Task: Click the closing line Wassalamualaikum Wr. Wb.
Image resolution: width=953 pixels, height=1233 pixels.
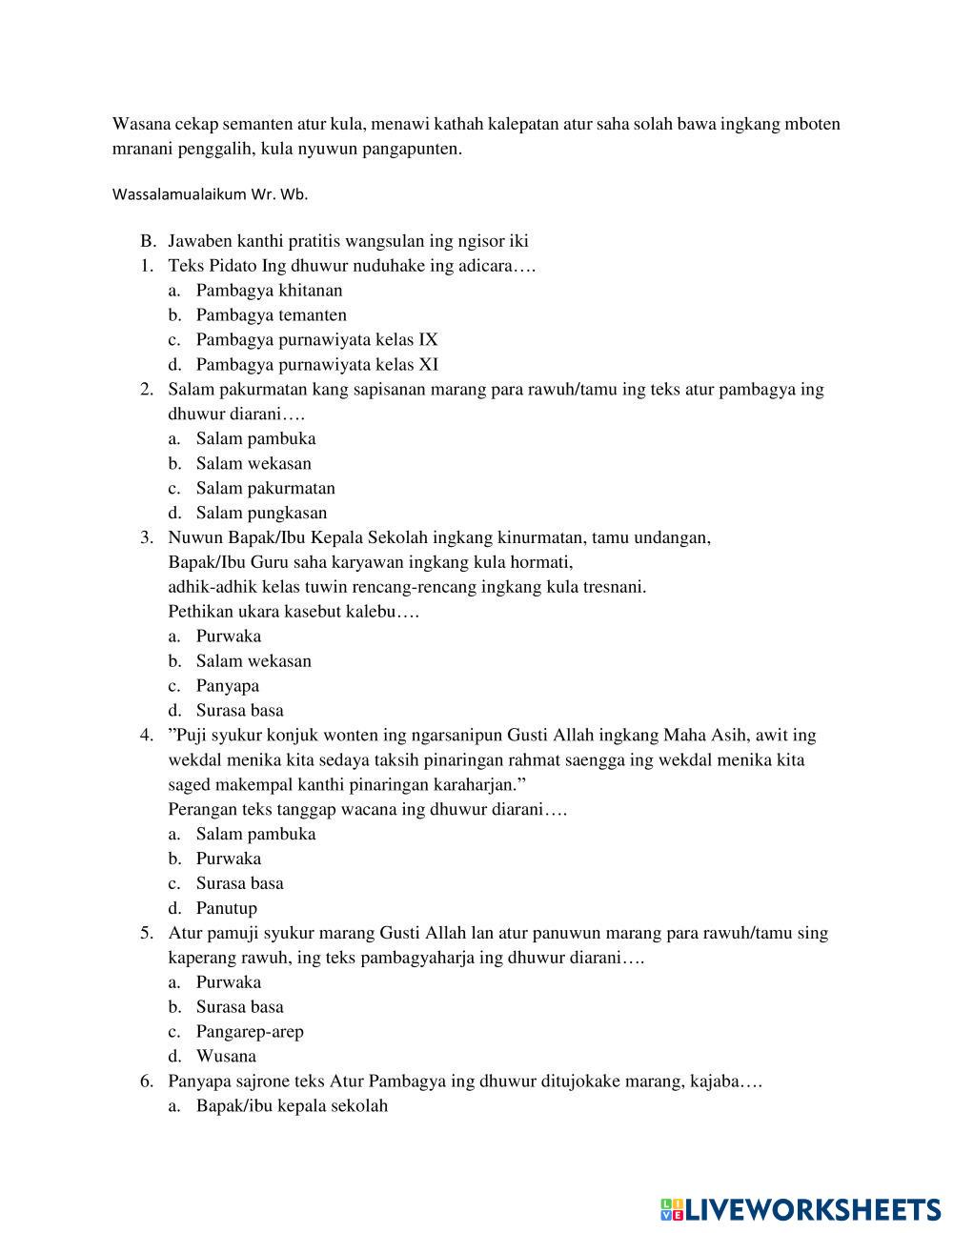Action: (x=210, y=194)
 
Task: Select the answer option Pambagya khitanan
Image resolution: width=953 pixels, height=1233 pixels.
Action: (x=269, y=291)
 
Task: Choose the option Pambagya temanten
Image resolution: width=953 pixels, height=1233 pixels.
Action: (x=271, y=315)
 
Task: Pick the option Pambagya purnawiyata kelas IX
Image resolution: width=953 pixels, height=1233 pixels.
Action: (x=316, y=340)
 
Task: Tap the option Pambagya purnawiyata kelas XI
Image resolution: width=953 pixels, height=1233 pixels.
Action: (x=316, y=365)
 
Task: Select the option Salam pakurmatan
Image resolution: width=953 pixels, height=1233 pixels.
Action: (x=265, y=489)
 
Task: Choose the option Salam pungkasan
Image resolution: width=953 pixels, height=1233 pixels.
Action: (x=261, y=514)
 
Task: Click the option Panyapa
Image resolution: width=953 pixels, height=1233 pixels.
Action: (x=227, y=686)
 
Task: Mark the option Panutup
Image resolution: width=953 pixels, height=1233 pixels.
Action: (x=226, y=909)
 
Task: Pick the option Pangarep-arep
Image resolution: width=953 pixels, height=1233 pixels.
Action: (x=250, y=1032)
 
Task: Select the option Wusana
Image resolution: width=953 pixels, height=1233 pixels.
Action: (x=226, y=1057)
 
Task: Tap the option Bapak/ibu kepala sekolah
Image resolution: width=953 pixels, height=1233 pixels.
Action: (x=292, y=1106)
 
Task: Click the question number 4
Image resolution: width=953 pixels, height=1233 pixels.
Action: (x=146, y=736)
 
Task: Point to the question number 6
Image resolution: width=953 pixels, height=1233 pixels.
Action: (x=146, y=1081)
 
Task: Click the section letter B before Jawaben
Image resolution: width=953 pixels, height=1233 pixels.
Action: (x=147, y=241)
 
